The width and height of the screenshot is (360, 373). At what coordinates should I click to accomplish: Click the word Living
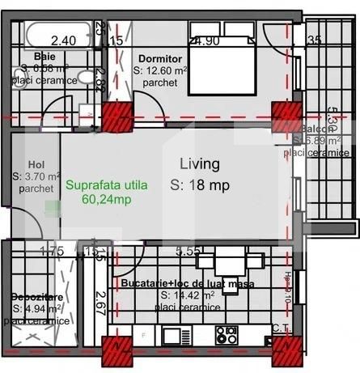199,164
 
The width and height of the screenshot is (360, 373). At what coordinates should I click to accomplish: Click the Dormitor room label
158,59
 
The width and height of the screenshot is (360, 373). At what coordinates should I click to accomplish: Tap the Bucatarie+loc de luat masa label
188,284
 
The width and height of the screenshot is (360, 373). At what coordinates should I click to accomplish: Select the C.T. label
282,327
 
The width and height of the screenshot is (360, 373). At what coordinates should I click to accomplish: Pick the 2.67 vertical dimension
101,303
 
